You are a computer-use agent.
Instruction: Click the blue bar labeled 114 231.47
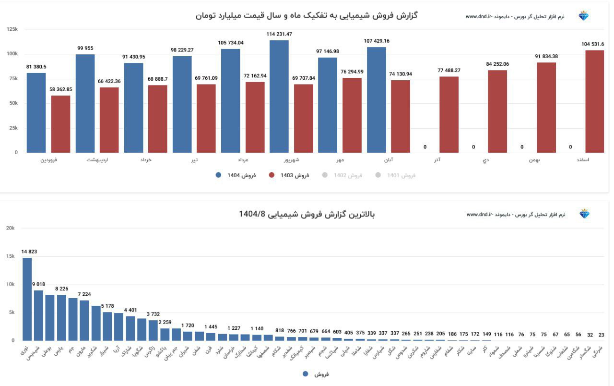click(279, 96)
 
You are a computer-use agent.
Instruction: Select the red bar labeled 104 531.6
click(595, 101)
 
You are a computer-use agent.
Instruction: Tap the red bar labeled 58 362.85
click(61, 124)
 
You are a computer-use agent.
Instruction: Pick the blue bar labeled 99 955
click(85, 103)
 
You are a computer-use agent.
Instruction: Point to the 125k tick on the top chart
click(12, 29)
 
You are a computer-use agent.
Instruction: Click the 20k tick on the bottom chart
click(11, 228)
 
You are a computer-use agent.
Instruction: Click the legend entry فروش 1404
click(236, 175)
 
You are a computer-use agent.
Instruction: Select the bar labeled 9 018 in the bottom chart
click(38, 315)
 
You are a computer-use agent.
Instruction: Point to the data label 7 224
click(84, 294)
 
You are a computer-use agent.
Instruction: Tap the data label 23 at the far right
click(602, 335)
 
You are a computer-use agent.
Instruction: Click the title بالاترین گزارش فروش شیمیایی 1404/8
click(307, 214)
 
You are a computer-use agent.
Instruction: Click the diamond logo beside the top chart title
click(583, 16)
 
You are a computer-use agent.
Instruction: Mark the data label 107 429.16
click(377, 41)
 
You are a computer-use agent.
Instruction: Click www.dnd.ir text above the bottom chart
click(480, 215)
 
